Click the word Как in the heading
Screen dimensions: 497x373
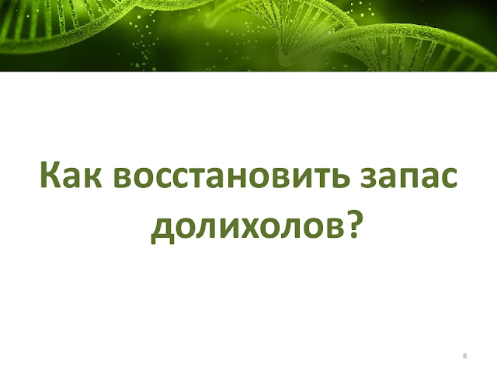(71, 175)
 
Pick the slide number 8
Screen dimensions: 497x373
(464, 356)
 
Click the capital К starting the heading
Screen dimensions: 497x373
(50, 175)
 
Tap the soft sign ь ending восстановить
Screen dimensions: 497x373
(339, 179)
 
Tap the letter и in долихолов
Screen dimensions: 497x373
(210, 227)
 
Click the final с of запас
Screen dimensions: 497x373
(448, 179)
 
